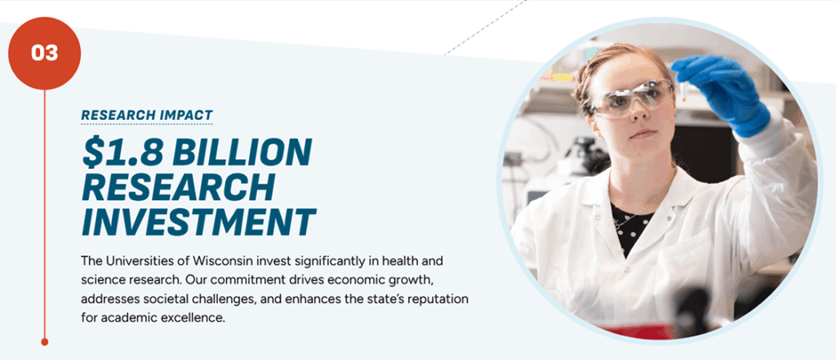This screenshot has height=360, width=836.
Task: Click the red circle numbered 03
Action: [x=44, y=53]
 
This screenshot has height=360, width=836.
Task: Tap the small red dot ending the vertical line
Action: [x=45, y=341]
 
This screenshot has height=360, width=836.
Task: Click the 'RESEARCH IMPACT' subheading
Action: [x=147, y=115]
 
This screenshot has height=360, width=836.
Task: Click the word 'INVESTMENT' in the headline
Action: [x=198, y=222]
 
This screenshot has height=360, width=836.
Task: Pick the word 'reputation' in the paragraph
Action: [x=439, y=298]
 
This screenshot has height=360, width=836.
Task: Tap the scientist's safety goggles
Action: [x=633, y=99]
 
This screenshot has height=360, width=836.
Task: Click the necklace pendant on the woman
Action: [x=620, y=221]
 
